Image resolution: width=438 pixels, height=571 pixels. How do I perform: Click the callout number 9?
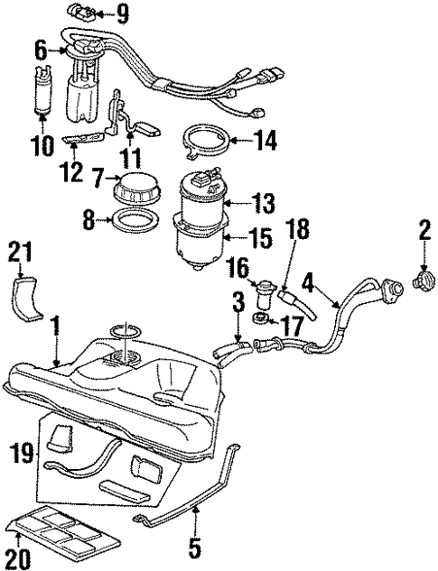pyautogui.click(x=123, y=13)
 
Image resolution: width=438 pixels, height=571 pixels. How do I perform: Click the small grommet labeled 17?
pyautogui.click(x=259, y=320)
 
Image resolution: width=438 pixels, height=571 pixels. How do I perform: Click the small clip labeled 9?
pyautogui.click(x=85, y=13)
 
